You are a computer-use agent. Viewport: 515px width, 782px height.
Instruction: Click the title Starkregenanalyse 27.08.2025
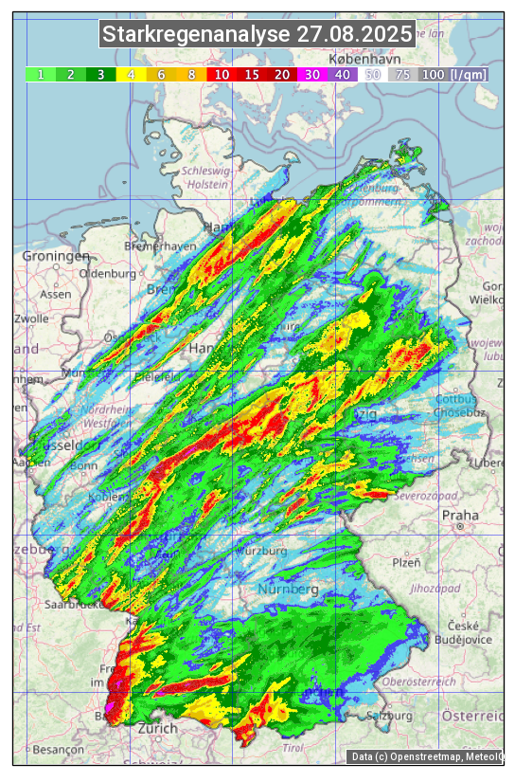click(x=257, y=35)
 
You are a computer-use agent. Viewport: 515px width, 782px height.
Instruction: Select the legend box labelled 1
click(x=41, y=74)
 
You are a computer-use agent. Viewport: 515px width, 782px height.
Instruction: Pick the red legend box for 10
click(x=222, y=74)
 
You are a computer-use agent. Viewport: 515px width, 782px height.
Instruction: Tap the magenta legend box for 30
click(x=311, y=74)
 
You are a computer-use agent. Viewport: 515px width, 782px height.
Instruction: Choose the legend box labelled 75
click(x=402, y=74)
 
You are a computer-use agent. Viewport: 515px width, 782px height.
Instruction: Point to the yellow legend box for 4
click(x=131, y=74)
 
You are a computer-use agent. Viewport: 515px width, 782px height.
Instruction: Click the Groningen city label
click(x=56, y=256)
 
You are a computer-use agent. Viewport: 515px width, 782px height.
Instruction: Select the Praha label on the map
click(x=460, y=516)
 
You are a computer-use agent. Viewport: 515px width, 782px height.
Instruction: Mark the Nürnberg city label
click(x=288, y=590)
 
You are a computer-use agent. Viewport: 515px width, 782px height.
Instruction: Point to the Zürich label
click(x=157, y=728)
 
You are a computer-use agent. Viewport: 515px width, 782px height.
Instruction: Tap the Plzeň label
click(x=405, y=562)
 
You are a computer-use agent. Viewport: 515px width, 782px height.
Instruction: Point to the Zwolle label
click(x=30, y=318)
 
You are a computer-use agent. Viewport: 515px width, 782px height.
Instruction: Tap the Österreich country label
click(x=474, y=714)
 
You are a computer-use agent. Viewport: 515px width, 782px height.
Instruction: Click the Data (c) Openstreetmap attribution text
click(x=426, y=755)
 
